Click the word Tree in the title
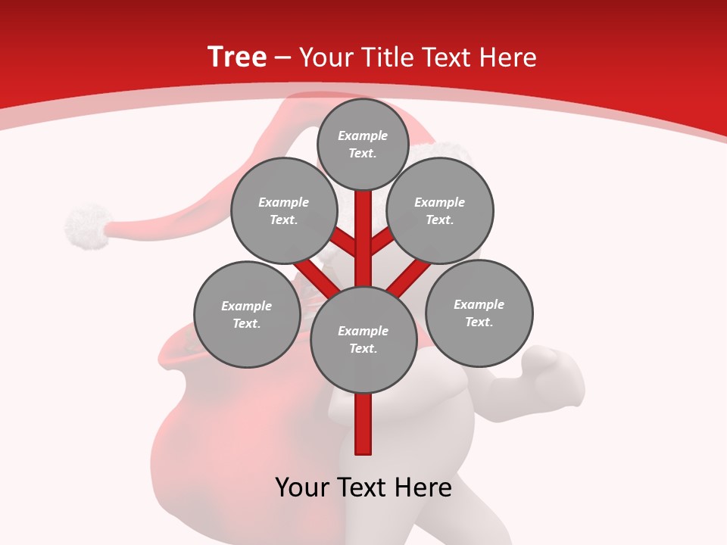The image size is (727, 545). tap(237, 57)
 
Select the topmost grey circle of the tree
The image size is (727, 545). tap(363, 144)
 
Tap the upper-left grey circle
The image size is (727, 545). tap(283, 210)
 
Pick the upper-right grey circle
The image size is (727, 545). tap(440, 210)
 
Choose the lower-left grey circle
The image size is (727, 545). tap(246, 314)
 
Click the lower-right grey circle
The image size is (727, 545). tap(479, 313)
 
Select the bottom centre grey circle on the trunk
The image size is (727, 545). tap(363, 340)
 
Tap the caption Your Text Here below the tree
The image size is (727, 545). tap(363, 487)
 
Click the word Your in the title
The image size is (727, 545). tap(326, 57)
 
